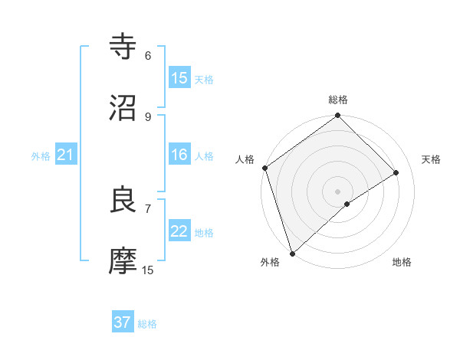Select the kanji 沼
pos(124,108)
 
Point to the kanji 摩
pos(124,260)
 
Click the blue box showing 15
pos(179,78)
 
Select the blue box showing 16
pos(179,155)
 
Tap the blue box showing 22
pos(179,231)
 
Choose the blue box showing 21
pos(65,155)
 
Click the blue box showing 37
pos(123,322)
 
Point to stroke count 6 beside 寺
pos(148,56)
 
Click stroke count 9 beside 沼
pos(148,116)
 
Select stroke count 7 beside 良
pos(148,208)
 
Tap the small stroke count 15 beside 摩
pos(148,270)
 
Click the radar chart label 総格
pos(338,100)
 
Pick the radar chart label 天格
pos(431,159)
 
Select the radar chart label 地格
pos(402,262)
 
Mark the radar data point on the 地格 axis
pos(347,204)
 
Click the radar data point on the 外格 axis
pos(292,253)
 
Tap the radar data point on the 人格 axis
pos(264,168)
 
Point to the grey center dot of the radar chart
pos(337,191)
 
